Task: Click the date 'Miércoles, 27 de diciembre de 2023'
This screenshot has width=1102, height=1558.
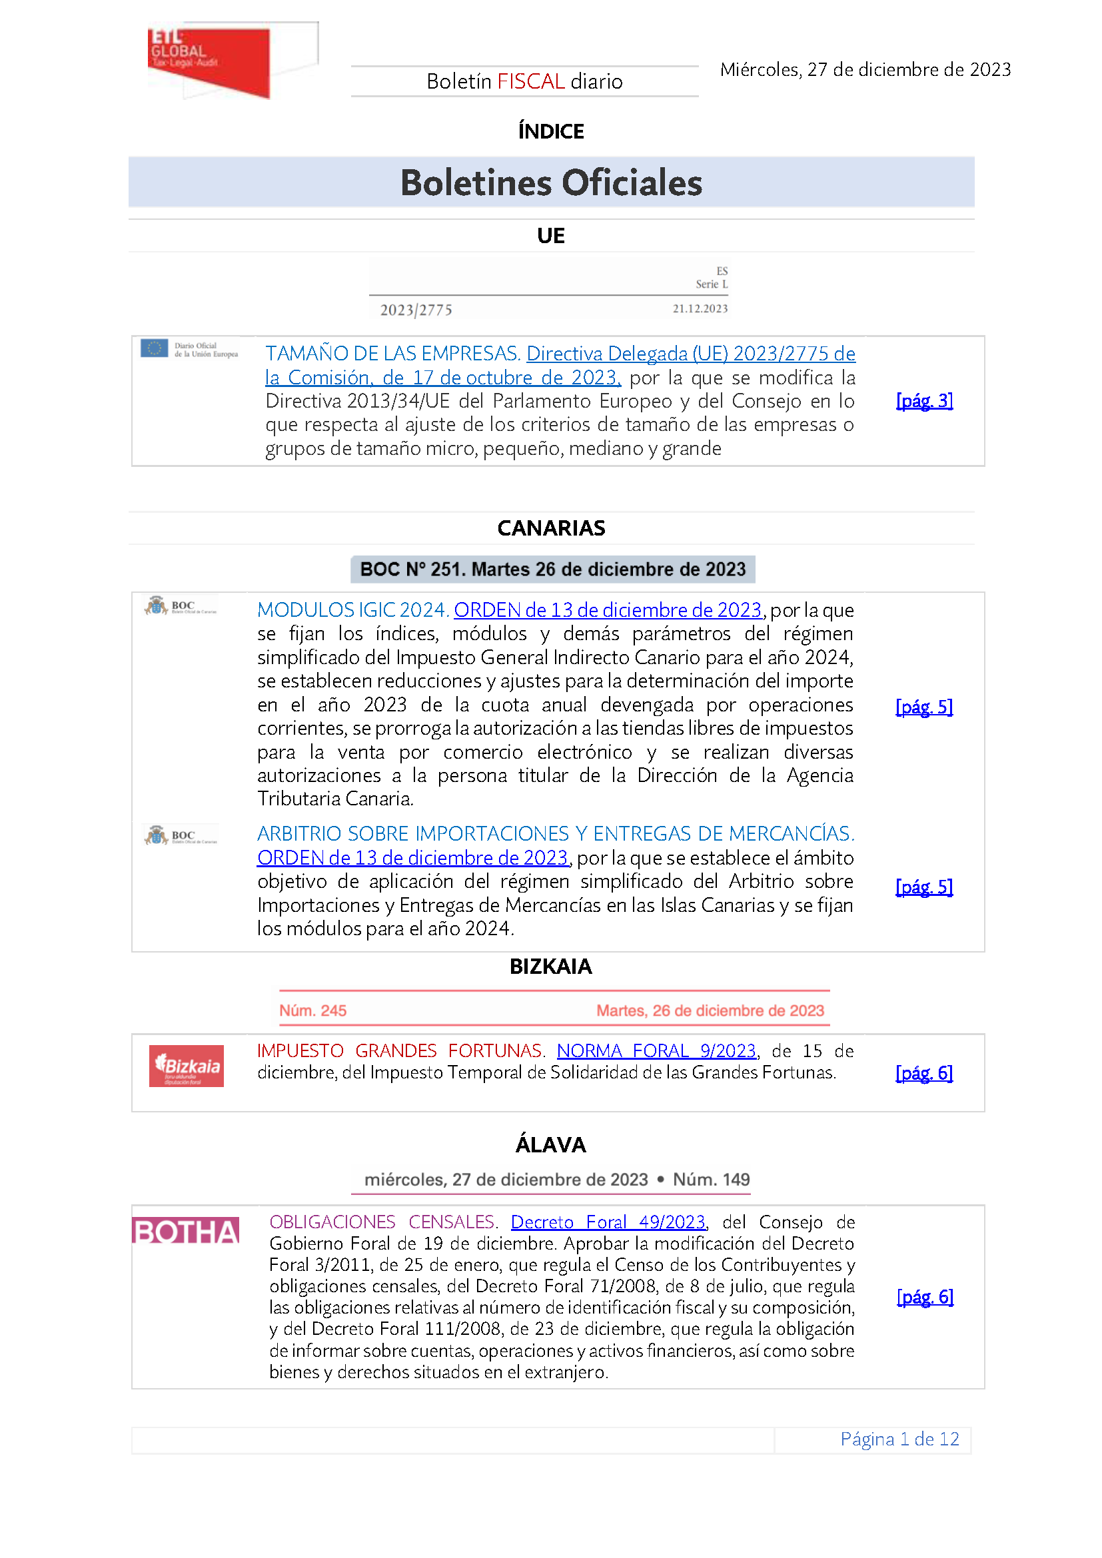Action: pyautogui.click(x=865, y=70)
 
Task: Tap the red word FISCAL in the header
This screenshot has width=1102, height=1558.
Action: pyautogui.click(x=530, y=81)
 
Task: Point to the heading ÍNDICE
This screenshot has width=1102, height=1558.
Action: pyautogui.click(x=551, y=131)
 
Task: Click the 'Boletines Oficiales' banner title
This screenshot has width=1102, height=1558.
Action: pyautogui.click(x=551, y=183)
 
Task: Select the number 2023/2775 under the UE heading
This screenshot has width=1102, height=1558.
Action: pyautogui.click(x=416, y=310)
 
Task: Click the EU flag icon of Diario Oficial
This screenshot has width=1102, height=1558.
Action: pyautogui.click(x=154, y=348)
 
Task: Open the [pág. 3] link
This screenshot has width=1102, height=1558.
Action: pyautogui.click(x=924, y=401)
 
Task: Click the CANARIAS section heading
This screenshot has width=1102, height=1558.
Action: pyautogui.click(x=551, y=528)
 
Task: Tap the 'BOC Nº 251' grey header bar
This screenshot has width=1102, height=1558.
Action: pyautogui.click(x=552, y=570)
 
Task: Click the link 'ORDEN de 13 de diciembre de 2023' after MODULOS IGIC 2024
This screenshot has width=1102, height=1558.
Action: pyautogui.click(x=608, y=610)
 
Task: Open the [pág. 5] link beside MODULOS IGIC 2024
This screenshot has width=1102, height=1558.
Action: pyautogui.click(x=924, y=707)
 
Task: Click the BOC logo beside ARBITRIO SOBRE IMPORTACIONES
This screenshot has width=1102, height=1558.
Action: pyautogui.click(x=181, y=835)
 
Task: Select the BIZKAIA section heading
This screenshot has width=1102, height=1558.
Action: pyautogui.click(x=551, y=967)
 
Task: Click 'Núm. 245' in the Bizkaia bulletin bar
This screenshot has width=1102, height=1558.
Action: pyautogui.click(x=313, y=1010)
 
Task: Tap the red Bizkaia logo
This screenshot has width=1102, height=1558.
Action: pyautogui.click(x=187, y=1065)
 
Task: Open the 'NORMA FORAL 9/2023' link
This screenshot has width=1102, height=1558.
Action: pyautogui.click(x=656, y=1051)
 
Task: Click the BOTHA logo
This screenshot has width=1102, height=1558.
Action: pyautogui.click(x=186, y=1231)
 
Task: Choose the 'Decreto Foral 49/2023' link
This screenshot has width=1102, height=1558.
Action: pyautogui.click(x=609, y=1222)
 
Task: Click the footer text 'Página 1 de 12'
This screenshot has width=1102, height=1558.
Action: pyautogui.click(x=899, y=1439)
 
